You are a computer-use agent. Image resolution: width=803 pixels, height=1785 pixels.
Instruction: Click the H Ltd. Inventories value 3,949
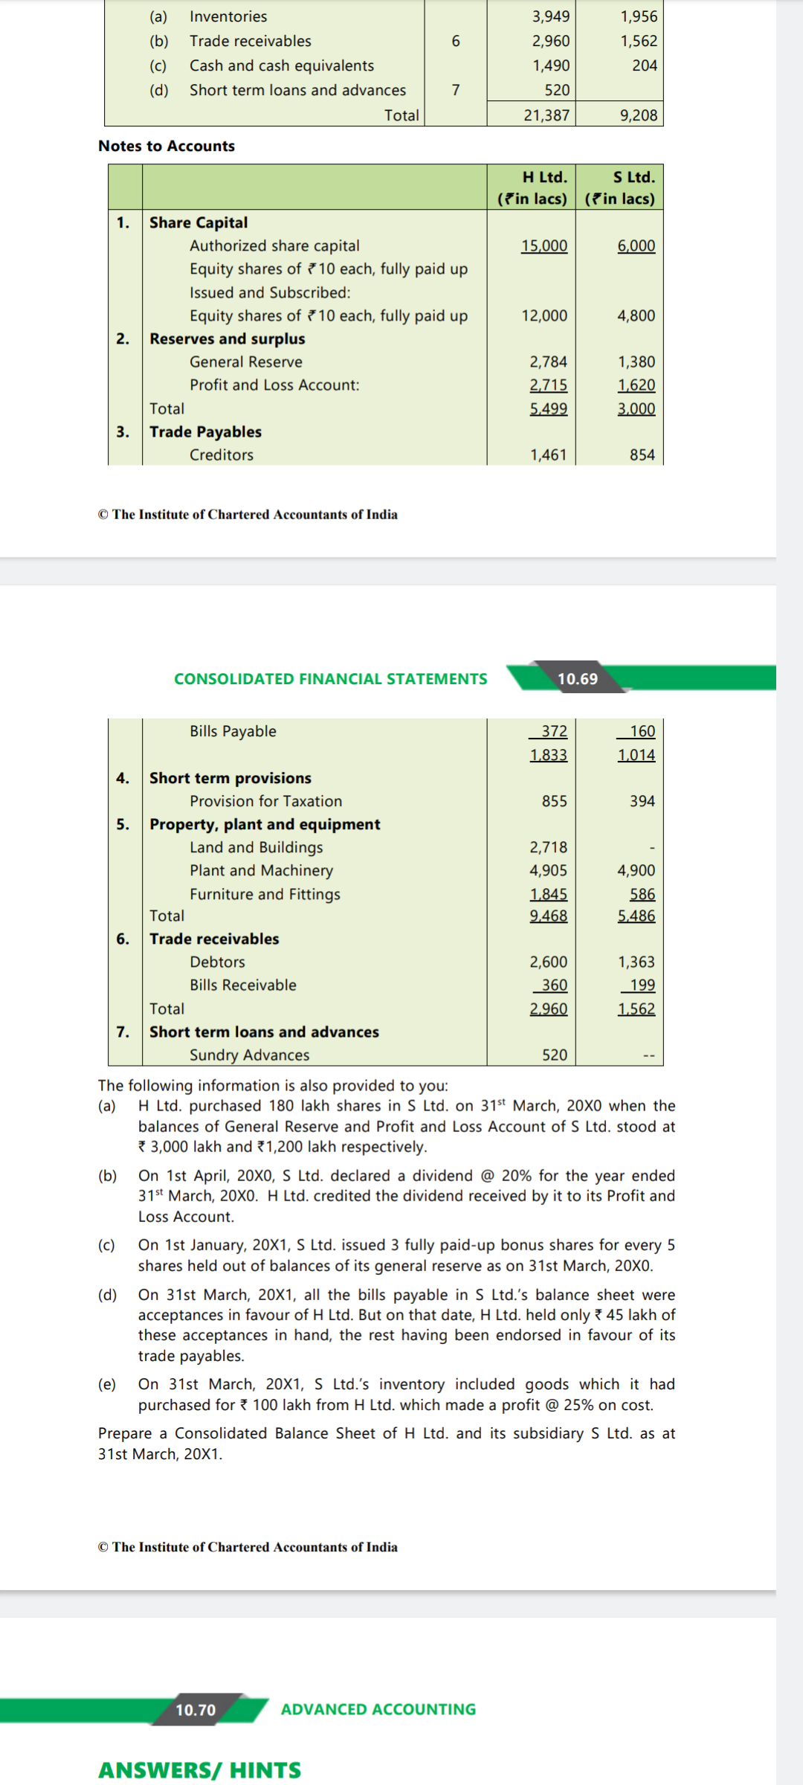click(550, 16)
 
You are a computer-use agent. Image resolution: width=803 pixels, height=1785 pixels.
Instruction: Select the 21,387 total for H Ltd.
click(546, 115)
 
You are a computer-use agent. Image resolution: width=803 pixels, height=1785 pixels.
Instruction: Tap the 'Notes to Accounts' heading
click(167, 146)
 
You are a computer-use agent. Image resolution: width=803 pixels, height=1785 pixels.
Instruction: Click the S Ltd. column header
click(633, 177)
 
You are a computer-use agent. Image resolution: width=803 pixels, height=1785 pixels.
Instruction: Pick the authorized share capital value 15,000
click(544, 245)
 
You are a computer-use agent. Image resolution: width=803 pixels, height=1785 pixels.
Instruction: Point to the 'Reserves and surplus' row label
click(227, 338)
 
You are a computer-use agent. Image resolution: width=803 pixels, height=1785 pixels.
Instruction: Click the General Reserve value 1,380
click(636, 361)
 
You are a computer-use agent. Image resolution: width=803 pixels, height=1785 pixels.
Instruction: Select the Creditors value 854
click(642, 454)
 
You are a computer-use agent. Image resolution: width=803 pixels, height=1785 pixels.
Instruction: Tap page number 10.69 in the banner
click(578, 678)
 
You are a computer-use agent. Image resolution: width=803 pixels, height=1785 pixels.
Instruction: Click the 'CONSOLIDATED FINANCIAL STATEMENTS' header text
click(330, 678)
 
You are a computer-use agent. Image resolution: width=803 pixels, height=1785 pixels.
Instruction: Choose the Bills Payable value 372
click(554, 731)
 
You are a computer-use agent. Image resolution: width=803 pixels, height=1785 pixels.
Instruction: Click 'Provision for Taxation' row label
click(265, 801)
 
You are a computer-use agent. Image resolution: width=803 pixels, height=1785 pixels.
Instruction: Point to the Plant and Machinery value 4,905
click(548, 870)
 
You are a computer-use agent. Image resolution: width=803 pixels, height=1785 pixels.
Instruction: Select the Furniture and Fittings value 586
click(642, 894)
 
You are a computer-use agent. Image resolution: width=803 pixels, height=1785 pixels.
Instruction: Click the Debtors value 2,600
click(548, 962)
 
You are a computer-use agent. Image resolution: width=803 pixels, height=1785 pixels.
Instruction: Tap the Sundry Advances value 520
click(554, 1055)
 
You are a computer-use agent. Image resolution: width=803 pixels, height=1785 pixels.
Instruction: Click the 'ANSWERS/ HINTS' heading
click(199, 1769)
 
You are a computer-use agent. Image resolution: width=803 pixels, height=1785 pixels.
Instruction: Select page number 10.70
click(196, 1710)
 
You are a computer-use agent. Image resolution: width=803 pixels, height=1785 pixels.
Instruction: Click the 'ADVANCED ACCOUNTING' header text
click(378, 1709)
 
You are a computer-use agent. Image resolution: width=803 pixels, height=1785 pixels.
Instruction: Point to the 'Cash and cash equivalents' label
click(281, 65)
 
